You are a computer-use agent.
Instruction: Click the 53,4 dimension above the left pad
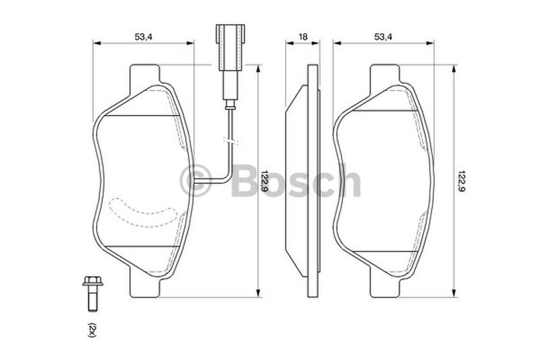pyautogui.click(x=143, y=37)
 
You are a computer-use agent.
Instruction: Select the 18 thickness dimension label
pyautogui.click(x=302, y=37)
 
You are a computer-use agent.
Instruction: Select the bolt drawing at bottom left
pyautogui.click(x=92, y=294)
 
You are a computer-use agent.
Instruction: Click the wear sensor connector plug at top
pyautogui.click(x=230, y=47)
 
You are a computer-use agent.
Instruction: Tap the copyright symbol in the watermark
pyautogui.click(x=195, y=181)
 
